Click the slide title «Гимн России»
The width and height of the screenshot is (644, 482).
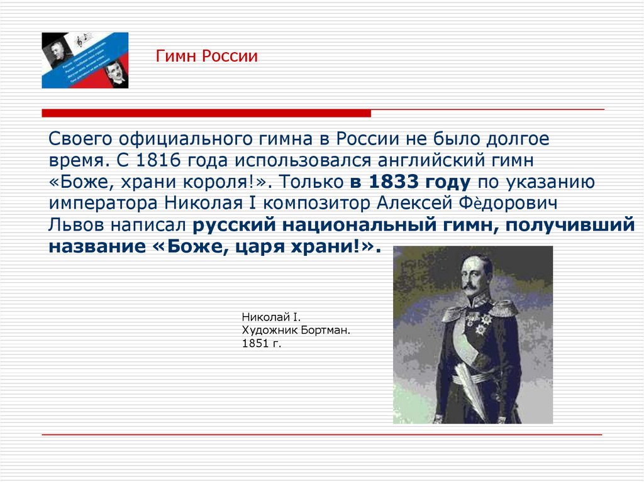click(x=207, y=57)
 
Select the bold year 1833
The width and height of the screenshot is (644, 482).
click(x=389, y=182)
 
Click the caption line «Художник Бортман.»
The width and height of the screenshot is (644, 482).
click(x=286, y=330)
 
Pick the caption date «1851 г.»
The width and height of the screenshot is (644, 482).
click(x=259, y=344)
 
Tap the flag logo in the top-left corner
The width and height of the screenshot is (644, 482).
click(x=85, y=60)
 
